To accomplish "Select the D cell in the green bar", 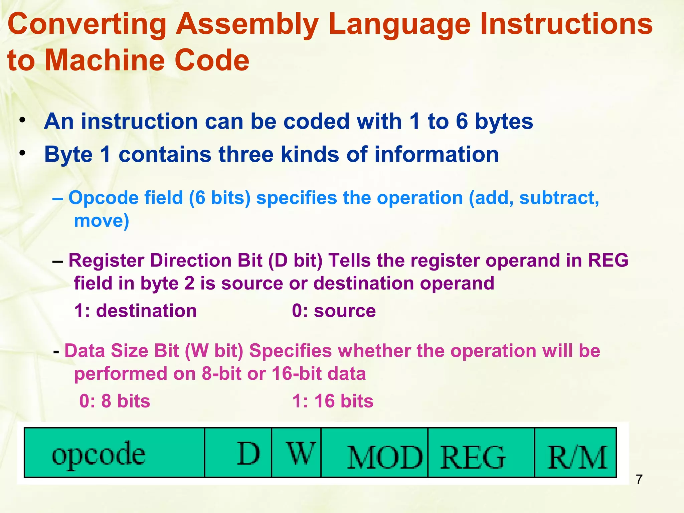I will pos(238,453).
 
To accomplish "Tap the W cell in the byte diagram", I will pos(296,453).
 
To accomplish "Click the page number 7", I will pos(639,480).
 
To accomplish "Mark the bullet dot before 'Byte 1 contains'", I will pos(22,153).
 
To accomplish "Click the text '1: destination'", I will pos(135,311).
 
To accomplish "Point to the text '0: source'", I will pos(334,311).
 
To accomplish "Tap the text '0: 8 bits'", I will pos(115,401).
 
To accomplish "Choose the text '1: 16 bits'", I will pos(333,401).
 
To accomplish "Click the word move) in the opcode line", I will pos(101,221).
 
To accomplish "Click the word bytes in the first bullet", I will pos(504,122).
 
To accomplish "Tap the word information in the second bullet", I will pos(437,154).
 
